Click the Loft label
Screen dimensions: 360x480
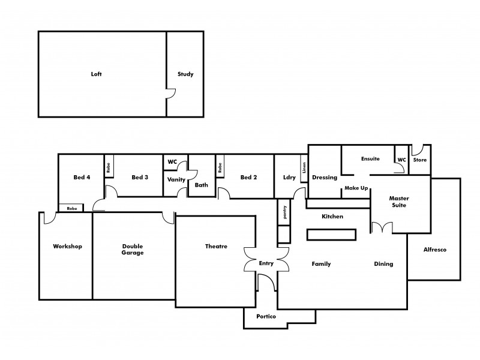pyautogui.click(x=97, y=74)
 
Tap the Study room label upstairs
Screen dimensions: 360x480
pyautogui.click(x=185, y=74)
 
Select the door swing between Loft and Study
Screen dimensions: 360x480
pyautogui.click(x=171, y=94)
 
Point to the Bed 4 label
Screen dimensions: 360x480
pyautogui.click(x=82, y=177)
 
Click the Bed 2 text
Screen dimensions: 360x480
pyautogui.click(x=248, y=177)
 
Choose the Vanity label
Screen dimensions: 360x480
pyautogui.click(x=176, y=179)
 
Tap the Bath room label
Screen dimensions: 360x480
pyautogui.click(x=202, y=185)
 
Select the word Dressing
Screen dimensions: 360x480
pyautogui.click(x=325, y=178)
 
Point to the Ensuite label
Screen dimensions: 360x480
pyautogui.click(x=370, y=159)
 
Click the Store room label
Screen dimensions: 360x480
pyautogui.click(x=420, y=160)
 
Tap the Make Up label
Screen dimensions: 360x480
pyautogui.click(x=355, y=188)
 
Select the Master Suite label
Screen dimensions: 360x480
pyautogui.click(x=399, y=202)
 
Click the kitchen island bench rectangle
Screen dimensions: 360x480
pyautogui.click(x=332, y=235)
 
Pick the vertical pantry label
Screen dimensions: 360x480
pyautogui.click(x=284, y=212)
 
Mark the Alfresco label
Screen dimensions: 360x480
pyautogui.click(x=435, y=250)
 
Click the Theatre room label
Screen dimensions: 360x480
pyautogui.click(x=216, y=246)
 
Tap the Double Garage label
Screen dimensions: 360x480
pyautogui.click(x=133, y=249)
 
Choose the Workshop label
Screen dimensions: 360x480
pyautogui.click(x=67, y=246)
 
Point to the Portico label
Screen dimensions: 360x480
pyautogui.click(x=266, y=316)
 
